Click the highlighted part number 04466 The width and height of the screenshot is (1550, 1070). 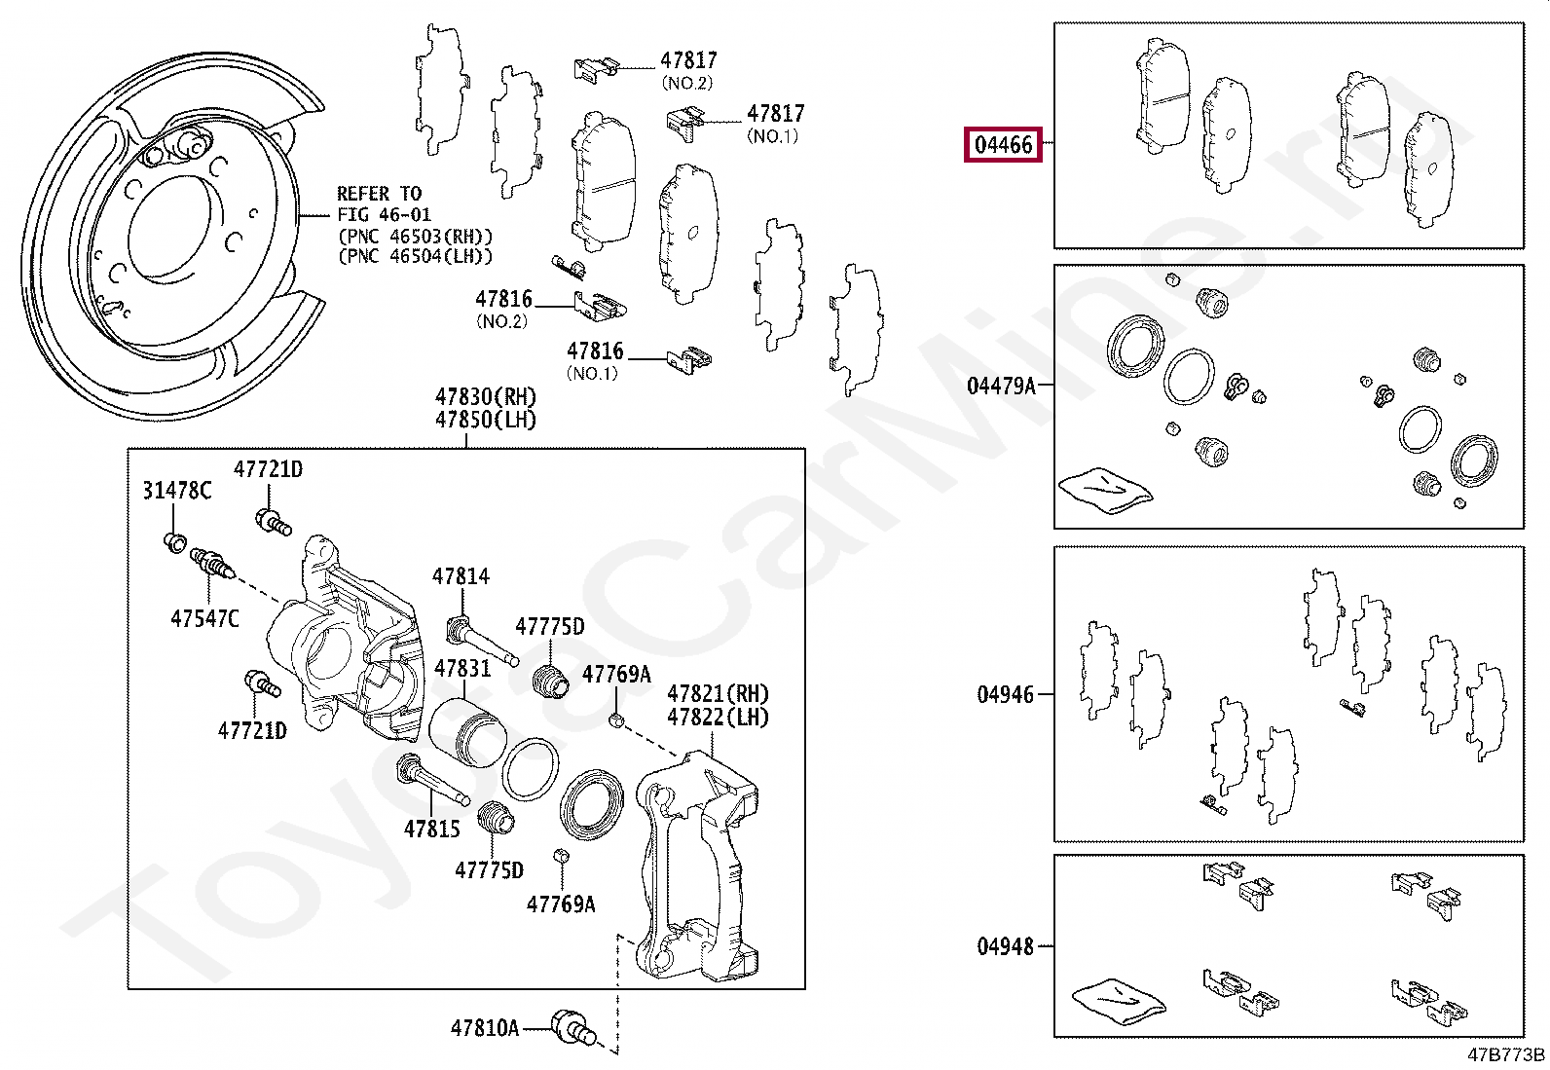point(1003,145)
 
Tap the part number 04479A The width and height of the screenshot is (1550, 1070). point(1001,387)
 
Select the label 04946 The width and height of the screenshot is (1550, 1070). point(1005,695)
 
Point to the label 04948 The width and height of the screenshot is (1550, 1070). point(1005,946)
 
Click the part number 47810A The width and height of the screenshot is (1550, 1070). point(484,1028)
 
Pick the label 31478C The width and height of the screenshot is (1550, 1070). point(176,491)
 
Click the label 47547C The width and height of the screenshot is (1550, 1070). point(204,618)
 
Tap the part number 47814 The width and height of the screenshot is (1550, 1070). point(461,576)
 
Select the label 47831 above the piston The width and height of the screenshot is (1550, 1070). point(462,669)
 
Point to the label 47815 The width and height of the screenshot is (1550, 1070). point(431,830)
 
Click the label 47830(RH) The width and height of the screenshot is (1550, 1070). point(485,397)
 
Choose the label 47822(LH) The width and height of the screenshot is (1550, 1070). point(718,718)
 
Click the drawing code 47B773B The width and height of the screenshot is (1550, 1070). point(1505,1054)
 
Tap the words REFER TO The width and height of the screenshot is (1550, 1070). point(379,194)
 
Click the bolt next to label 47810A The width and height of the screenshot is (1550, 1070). point(572,1028)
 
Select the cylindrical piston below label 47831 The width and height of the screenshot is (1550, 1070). point(465,732)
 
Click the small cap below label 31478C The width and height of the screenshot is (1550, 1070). point(175,541)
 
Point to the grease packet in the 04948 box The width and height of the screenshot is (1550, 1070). point(1118,1000)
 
